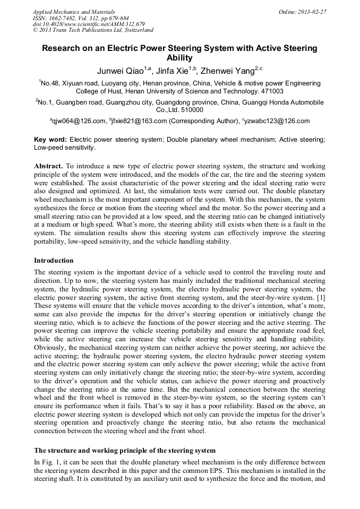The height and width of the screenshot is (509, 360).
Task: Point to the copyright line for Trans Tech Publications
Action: pos(93,30)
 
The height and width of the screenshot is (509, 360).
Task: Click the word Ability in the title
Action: pos(179,58)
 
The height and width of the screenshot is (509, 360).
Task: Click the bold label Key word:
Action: pos(50,139)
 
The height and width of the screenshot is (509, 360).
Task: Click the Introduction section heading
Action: pos(54,261)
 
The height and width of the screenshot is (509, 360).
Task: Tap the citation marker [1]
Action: pos(320,297)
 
